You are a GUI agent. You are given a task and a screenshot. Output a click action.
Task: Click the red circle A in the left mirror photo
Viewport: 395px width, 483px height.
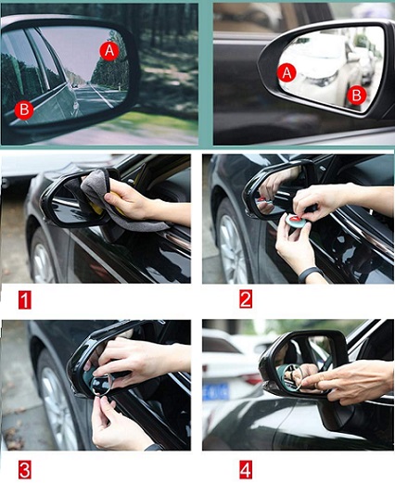pyautogui.click(x=109, y=50)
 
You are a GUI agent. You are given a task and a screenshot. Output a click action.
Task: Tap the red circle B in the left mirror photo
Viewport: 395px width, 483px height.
pyautogui.click(x=24, y=109)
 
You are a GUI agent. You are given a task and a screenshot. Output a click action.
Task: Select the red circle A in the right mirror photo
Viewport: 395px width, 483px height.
pyautogui.click(x=287, y=72)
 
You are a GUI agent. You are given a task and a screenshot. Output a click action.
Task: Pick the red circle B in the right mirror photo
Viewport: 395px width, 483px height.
pyautogui.click(x=356, y=95)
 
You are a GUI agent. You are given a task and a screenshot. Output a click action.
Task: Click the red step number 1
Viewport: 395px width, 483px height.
pyautogui.click(x=25, y=299)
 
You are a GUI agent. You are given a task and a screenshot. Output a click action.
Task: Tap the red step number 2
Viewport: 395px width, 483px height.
pyautogui.click(x=246, y=299)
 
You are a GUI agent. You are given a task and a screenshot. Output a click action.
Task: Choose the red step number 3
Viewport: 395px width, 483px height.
pyautogui.click(x=25, y=470)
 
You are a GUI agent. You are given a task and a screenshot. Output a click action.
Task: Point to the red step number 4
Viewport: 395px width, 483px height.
pyautogui.click(x=246, y=470)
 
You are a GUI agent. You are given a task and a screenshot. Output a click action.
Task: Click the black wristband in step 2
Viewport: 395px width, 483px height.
pyautogui.click(x=310, y=273)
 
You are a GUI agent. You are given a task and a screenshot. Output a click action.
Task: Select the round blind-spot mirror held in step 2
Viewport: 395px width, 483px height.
pyautogui.click(x=294, y=220)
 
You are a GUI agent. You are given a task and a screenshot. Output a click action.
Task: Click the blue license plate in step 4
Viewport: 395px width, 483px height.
pyautogui.click(x=216, y=391)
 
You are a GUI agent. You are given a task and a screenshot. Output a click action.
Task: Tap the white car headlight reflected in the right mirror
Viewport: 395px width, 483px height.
pyautogui.click(x=322, y=80)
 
